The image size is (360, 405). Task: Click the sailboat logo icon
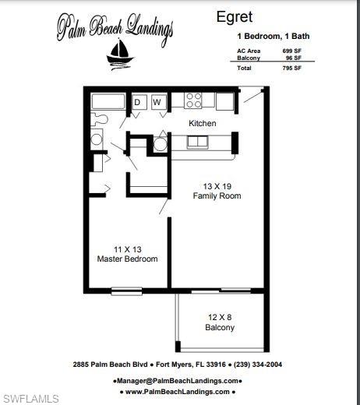(x=119, y=54)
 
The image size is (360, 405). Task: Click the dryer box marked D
(x=137, y=102)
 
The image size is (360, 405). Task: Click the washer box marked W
(x=157, y=102)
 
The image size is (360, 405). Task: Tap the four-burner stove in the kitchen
(x=193, y=100)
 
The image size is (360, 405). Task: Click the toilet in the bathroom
(x=98, y=119)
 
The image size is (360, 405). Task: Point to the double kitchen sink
(x=197, y=142)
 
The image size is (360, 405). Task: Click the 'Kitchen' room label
(x=203, y=124)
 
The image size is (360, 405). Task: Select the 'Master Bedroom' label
(x=127, y=259)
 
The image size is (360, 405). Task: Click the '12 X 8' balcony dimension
(x=220, y=317)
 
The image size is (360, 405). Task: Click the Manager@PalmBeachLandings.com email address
(x=178, y=381)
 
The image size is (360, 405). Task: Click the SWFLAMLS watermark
(x=30, y=399)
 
